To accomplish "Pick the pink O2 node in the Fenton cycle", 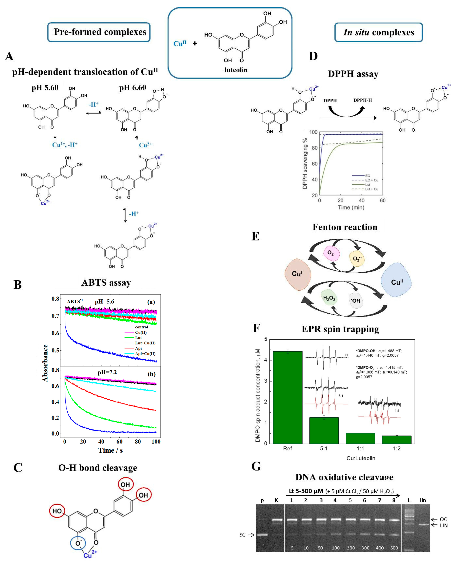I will [331, 253].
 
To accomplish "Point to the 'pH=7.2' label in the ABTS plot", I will [107, 372].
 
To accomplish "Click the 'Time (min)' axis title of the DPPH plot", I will [351, 207].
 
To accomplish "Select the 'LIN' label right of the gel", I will [444, 525].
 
